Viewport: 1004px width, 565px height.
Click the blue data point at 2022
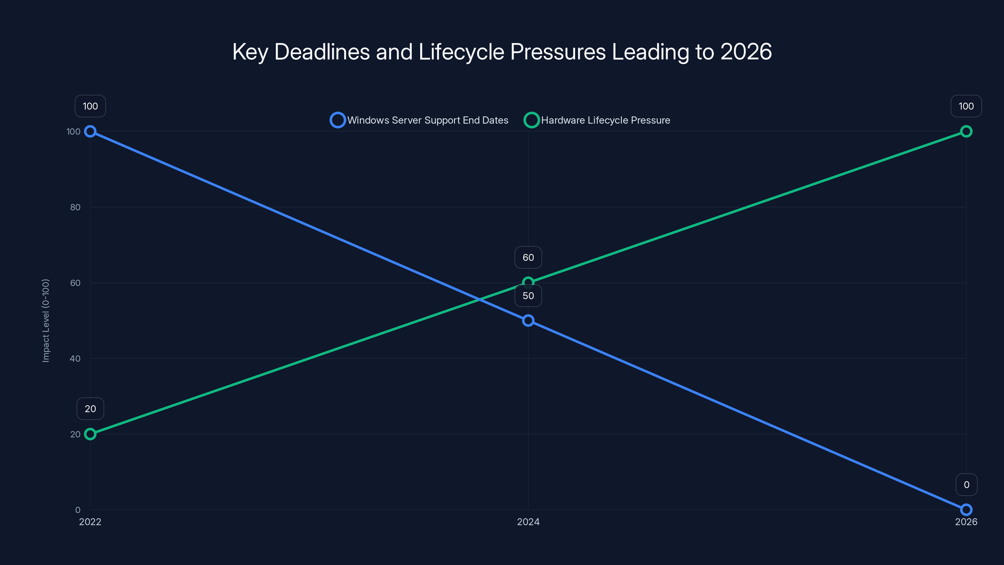point(90,132)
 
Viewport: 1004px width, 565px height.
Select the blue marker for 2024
point(528,320)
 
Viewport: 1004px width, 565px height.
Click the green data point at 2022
point(90,434)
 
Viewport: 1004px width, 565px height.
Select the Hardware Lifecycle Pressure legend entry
point(605,120)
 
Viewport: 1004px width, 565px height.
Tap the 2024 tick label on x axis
point(528,522)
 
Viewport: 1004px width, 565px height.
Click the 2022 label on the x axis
point(90,522)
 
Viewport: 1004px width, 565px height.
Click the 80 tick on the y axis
point(75,207)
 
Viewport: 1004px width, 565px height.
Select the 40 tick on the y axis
point(75,358)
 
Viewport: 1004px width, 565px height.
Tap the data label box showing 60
point(528,257)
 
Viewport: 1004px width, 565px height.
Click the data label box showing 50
point(528,296)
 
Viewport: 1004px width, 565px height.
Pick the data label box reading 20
point(90,409)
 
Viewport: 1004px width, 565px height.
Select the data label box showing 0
point(966,485)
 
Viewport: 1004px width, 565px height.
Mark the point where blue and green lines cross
point(479,299)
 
